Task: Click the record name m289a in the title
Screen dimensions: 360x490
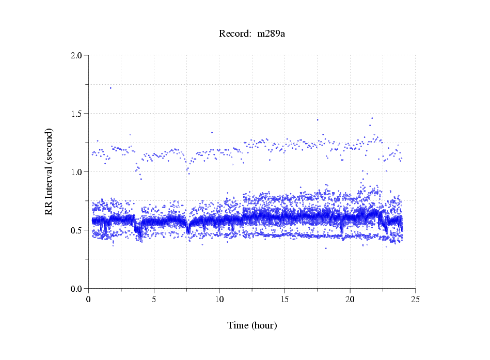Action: pyautogui.click(x=271, y=34)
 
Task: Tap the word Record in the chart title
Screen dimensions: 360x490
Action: pyautogui.click(x=235, y=34)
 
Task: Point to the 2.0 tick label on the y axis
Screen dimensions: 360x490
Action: pyautogui.click(x=76, y=55)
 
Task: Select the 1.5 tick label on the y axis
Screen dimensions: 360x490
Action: pyautogui.click(x=76, y=113)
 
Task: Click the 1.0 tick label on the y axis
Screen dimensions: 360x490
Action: pyautogui.click(x=76, y=171)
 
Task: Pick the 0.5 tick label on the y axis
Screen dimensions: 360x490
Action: pyautogui.click(x=76, y=230)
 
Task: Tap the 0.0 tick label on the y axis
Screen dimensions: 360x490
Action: pyautogui.click(x=76, y=288)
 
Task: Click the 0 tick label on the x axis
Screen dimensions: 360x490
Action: pyautogui.click(x=89, y=299)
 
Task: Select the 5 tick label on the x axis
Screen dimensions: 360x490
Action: pyautogui.click(x=154, y=299)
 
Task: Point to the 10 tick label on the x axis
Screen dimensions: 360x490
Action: pyautogui.click(x=219, y=299)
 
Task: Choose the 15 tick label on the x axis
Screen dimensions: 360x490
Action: pyautogui.click(x=284, y=299)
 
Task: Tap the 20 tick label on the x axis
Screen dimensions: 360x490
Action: pyautogui.click(x=350, y=299)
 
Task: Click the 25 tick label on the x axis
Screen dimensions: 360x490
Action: pyautogui.click(x=415, y=299)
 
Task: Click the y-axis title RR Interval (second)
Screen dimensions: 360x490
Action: pyautogui.click(x=49, y=171)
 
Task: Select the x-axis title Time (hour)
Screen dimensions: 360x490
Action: pyautogui.click(x=252, y=326)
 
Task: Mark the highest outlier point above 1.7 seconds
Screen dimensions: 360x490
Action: pyautogui.click(x=110, y=88)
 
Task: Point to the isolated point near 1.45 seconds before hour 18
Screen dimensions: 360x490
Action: pyautogui.click(x=318, y=120)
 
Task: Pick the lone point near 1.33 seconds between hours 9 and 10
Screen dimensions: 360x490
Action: pyautogui.click(x=212, y=132)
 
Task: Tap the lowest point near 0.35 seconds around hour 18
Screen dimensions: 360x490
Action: pyautogui.click(x=326, y=248)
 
